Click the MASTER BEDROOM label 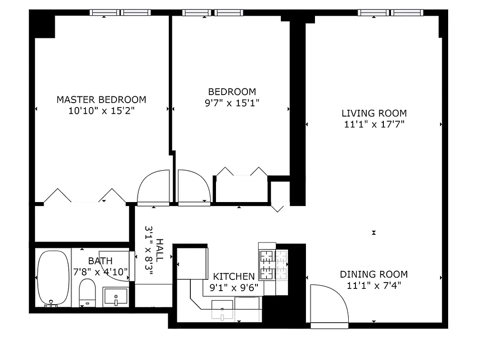[x=101, y=99]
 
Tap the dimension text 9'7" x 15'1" [x=232, y=103]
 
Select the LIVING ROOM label [x=374, y=113]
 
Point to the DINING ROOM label [x=373, y=274]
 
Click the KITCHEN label [x=234, y=276]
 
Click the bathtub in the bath [x=53, y=278]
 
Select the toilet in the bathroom [x=87, y=292]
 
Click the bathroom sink [x=116, y=297]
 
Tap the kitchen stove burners [x=273, y=263]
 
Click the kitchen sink [x=222, y=309]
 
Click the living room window [x=390, y=13]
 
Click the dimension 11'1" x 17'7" [x=374, y=124]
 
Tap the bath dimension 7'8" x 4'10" [x=100, y=271]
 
